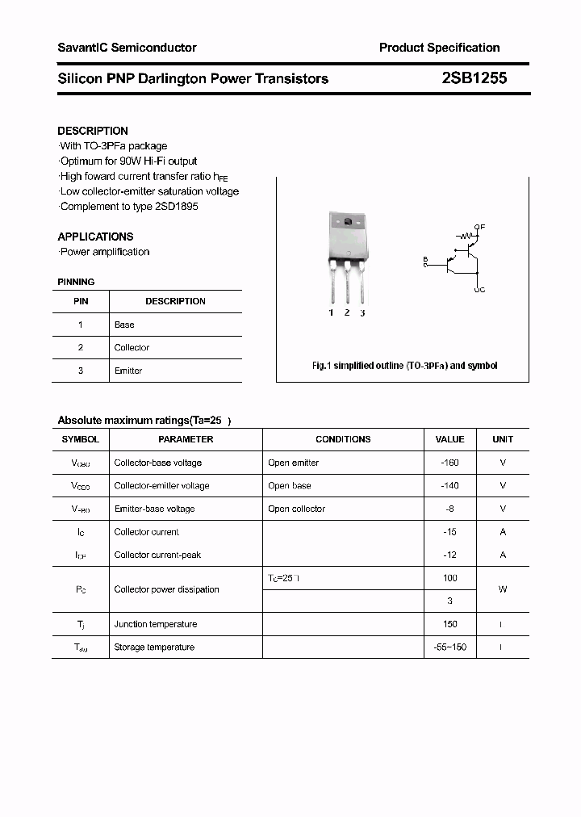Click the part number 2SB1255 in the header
click(x=474, y=78)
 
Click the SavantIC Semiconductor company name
click(x=127, y=48)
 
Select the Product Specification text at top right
click(x=439, y=48)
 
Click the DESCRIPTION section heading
click(x=93, y=131)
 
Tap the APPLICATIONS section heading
click(x=95, y=237)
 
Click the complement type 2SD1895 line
click(x=129, y=206)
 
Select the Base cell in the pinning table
click(x=124, y=325)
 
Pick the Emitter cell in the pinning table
click(x=128, y=371)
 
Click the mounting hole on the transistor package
click(x=348, y=223)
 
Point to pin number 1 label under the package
click(x=331, y=312)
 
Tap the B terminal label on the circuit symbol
click(x=424, y=260)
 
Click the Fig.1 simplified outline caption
click(x=404, y=366)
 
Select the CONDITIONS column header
click(x=343, y=439)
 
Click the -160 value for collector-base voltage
click(x=449, y=463)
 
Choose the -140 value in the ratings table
click(x=449, y=486)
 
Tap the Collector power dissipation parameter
click(x=166, y=589)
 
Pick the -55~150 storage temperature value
click(x=449, y=647)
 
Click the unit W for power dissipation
click(x=502, y=589)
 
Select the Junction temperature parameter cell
click(x=155, y=624)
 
